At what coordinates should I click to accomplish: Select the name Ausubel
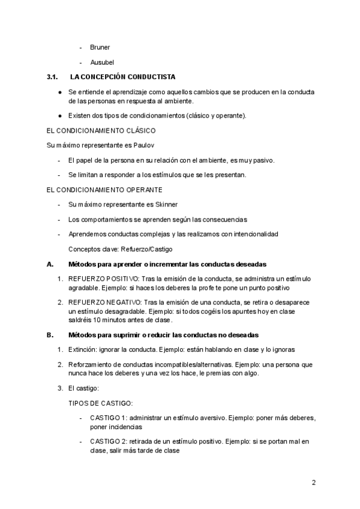[101, 62]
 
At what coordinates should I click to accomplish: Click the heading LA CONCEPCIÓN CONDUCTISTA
[122, 77]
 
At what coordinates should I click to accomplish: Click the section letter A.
[50, 264]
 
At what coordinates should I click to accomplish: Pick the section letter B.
[50, 334]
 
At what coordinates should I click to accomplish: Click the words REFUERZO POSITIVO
[104, 279]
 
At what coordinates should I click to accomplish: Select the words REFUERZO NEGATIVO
[105, 301]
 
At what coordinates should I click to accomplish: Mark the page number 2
[314, 482]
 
